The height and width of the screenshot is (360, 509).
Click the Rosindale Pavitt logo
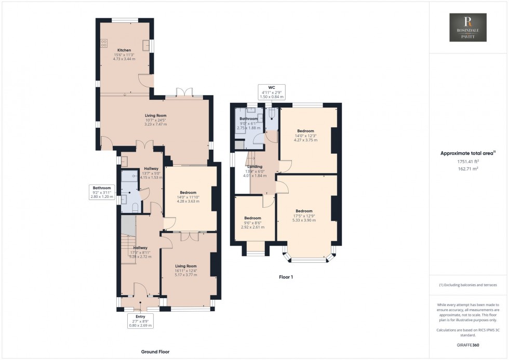468,28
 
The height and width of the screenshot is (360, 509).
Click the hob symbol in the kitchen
104,43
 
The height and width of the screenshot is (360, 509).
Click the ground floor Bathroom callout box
102,192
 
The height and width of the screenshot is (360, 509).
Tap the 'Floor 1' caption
286,277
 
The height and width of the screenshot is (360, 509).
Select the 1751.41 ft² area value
467,162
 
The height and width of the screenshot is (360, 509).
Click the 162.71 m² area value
467,169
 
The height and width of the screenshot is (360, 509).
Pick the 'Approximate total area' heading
467,153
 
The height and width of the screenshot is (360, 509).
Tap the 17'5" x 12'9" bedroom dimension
304,216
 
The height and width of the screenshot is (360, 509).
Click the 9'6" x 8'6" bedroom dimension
252,223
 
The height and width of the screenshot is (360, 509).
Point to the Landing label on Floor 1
254,166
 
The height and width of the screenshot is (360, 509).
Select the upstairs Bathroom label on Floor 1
249,119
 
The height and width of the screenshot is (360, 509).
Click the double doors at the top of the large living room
184,92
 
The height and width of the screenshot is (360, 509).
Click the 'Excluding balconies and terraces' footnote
467,285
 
